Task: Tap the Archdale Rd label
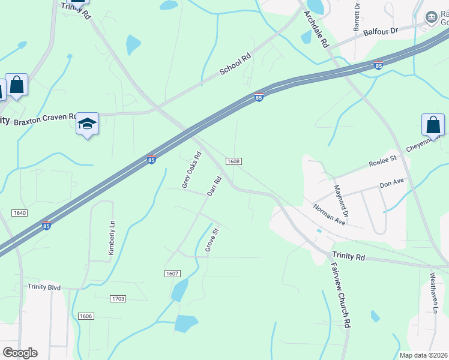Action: point(316,29)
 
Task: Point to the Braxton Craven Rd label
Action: point(46,119)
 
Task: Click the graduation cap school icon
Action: point(88,124)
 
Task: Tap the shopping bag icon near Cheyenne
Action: point(433,125)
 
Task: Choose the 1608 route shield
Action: point(234,161)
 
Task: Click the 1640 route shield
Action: point(19,212)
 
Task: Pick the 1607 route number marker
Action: point(172,274)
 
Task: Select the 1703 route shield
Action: point(118,298)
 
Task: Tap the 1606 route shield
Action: point(86,316)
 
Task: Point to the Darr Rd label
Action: point(214,186)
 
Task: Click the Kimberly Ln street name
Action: point(111,237)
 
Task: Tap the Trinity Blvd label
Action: point(44,287)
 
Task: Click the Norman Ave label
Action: point(330,214)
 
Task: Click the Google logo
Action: point(20,353)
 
